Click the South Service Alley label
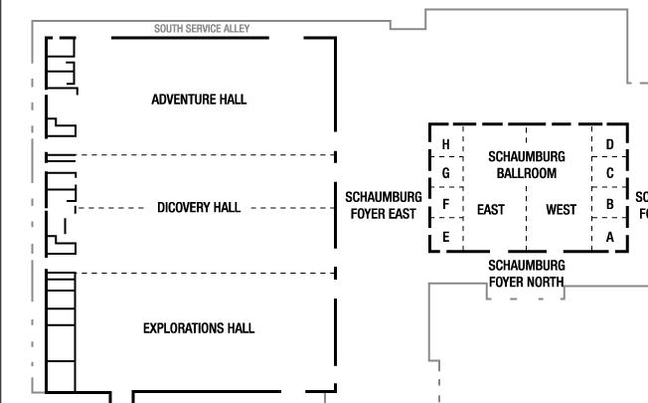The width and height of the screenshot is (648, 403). click(209, 29)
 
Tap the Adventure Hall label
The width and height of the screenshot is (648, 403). click(199, 100)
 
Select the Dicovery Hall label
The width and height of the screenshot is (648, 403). click(199, 208)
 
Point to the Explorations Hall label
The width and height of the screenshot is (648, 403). click(199, 328)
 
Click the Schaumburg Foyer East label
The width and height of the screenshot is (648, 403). click(383, 205)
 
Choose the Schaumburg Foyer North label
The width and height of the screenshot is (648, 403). click(526, 274)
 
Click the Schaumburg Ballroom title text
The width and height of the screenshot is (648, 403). click(526, 165)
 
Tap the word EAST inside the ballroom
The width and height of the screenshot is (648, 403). click(491, 210)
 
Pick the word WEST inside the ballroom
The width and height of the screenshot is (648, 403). click(561, 210)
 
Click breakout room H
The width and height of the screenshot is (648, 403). click(445, 145)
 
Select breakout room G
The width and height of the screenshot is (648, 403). click(445, 173)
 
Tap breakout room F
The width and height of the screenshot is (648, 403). click(445, 205)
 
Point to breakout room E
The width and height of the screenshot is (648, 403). click(445, 237)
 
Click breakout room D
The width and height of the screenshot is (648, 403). click(609, 145)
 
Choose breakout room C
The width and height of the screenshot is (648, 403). click(609, 173)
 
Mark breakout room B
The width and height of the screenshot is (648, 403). click(609, 205)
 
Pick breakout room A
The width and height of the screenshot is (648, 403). click(609, 237)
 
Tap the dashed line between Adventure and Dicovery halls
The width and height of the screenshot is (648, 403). click(199, 155)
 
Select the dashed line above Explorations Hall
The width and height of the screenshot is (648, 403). click(199, 273)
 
